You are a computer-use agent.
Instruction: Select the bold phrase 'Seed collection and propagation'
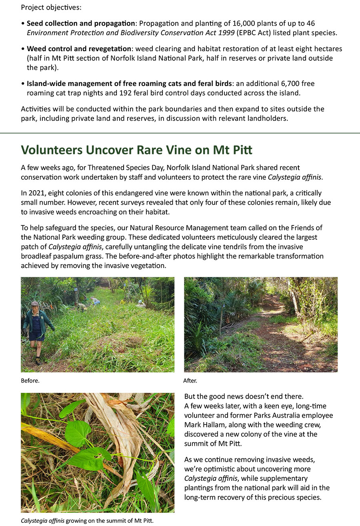[x=80, y=23]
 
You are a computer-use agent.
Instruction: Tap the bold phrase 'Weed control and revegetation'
[x=79, y=49]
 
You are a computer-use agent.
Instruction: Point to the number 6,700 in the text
[x=291, y=84]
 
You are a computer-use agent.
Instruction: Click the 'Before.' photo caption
[x=30, y=381]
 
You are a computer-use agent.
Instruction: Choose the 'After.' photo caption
[x=190, y=381]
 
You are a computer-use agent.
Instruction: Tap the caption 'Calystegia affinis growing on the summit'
[x=87, y=520]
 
